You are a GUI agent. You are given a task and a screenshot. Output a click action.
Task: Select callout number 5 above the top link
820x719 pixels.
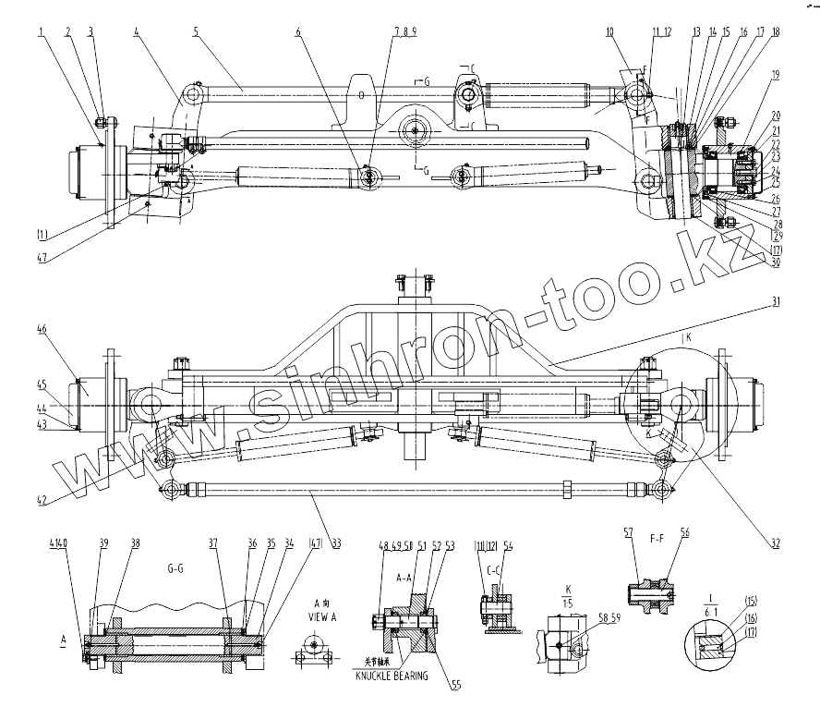pyautogui.click(x=195, y=31)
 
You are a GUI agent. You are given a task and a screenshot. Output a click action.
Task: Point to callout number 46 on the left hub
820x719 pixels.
pyautogui.click(x=42, y=329)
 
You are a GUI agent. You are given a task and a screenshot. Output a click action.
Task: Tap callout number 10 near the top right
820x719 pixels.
pyautogui.click(x=609, y=31)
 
